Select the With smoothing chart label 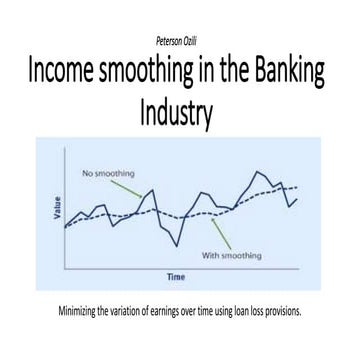point(231,255)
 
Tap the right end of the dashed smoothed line point(297,186)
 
